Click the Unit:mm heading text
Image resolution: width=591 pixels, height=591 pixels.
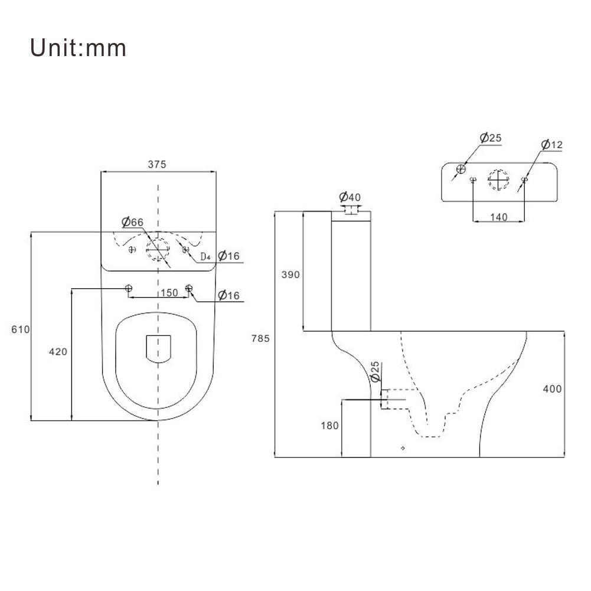(79, 48)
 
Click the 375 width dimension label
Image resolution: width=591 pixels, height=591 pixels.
(157, 165)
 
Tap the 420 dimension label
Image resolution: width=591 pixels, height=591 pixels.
(58, 352)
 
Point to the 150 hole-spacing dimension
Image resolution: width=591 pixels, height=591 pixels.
(169, 293)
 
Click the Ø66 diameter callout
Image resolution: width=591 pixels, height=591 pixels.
(133, 223)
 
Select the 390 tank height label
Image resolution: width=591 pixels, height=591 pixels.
(290, 275)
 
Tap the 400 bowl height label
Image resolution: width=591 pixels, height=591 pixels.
(553, 389)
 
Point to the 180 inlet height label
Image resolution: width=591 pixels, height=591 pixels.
(329, 426)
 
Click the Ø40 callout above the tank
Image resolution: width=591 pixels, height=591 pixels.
(350, 197)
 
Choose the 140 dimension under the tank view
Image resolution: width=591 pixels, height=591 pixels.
(499, 217)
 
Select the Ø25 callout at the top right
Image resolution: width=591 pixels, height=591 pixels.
(490, 138)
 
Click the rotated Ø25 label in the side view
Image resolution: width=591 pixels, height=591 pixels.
(374, 373)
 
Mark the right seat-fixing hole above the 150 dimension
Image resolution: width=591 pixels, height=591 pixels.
(189, 288)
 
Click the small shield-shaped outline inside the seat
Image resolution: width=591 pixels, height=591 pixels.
(158, 348)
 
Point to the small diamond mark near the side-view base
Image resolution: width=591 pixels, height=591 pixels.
(403, 448)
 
